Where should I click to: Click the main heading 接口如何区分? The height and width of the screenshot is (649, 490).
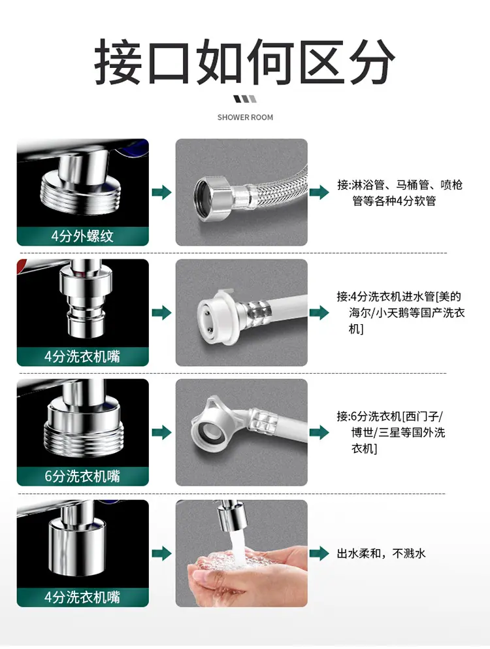[244, 61]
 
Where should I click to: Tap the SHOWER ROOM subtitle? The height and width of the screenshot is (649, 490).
[245, 118]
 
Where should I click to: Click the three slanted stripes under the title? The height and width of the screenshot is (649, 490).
[245, 99]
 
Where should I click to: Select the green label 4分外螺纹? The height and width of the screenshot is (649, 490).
[82, 236]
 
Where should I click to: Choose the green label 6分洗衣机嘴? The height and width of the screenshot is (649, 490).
[82, 476]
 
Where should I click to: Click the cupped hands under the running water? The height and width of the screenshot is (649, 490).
[246, 572]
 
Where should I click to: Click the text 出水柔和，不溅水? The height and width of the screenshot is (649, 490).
[381, 554]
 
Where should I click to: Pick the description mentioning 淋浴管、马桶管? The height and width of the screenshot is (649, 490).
[399, 193]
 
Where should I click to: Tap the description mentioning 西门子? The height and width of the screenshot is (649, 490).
[391, 432]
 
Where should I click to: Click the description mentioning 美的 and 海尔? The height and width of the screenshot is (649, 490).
[400, 312]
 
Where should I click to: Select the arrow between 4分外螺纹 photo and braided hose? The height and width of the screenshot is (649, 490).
[162, 192]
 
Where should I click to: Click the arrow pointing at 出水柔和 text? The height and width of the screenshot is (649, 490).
[319, 554]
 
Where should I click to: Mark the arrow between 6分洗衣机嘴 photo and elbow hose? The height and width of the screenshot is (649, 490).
[162, 433]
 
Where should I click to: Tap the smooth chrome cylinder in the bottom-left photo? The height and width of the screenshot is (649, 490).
[77, 546]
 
